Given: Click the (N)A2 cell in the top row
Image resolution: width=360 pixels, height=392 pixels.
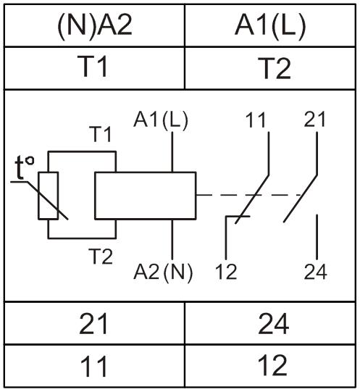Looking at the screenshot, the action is (x=94, y=25).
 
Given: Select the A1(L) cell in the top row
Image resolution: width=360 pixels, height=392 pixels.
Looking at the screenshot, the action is (x=270, y=25).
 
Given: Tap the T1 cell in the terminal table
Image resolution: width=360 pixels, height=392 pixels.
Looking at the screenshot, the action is (x=94, y=68).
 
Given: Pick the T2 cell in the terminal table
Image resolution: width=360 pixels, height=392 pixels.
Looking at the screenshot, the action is (x=270, y=68).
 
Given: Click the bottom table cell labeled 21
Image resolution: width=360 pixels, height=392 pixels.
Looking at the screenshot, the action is (x=94, y=323).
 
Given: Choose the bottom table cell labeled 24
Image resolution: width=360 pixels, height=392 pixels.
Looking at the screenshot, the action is (x=270, y=323).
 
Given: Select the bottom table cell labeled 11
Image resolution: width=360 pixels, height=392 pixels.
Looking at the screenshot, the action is (x=94, y=366).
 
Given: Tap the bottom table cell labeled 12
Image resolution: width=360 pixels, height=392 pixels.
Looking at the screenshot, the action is (x=270, y=366).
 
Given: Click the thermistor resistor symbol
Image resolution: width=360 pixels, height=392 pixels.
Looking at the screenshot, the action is (x=49, y=196).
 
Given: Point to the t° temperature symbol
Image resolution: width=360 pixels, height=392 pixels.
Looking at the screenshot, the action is (x=24, y=167).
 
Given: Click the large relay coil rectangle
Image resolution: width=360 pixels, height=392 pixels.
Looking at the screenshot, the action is (x=146, y=196).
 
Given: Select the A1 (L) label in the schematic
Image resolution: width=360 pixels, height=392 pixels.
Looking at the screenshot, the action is (x=160, y=120).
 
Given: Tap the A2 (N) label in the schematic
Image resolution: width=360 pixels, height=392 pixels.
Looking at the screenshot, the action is (x=163, y=272).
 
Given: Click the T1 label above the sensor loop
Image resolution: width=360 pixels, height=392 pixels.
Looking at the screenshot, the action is (x=100, y=134).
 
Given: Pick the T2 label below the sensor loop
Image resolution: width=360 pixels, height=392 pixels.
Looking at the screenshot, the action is (x=101, y=257).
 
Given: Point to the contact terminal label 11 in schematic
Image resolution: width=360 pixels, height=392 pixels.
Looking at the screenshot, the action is (x=256, y=120).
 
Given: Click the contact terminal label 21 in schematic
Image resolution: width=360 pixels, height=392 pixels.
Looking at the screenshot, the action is (x=314, y=120).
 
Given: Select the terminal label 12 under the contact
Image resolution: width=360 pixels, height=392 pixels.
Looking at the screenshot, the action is (x=226, y=272).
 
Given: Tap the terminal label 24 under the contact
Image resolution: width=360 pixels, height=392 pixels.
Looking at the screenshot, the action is (x=316, y=272).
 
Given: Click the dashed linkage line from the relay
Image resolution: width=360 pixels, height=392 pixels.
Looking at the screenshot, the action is (x=250, y=194).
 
